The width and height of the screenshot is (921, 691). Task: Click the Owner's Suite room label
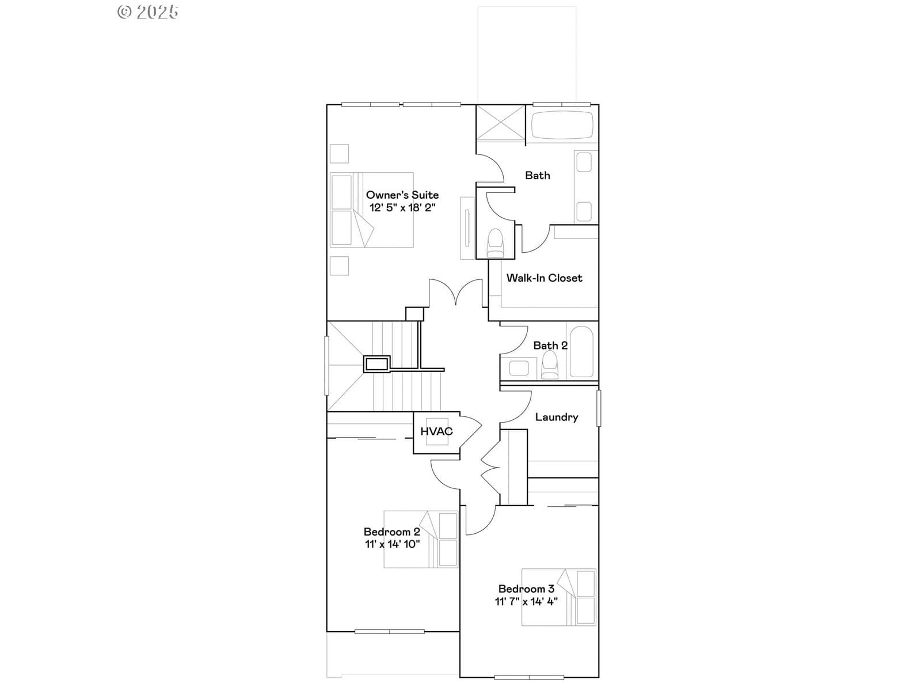click(x=402, y=195)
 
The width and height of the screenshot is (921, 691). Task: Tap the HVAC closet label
click(x=436, y=431)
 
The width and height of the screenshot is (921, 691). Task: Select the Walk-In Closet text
click(x=544, y=278)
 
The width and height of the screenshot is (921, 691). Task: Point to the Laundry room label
click(x=557, y=417)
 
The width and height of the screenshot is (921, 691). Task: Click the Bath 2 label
click(x=550, y=345)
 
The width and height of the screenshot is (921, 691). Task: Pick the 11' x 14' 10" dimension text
click(x=392, y=544)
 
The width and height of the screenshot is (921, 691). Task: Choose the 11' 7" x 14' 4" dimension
click(x=526, y=601)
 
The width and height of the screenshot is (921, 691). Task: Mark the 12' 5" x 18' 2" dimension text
click(x=402, y=207)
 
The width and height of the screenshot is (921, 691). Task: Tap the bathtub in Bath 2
click(x=581, y=352)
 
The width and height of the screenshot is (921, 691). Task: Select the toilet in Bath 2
click(x=550, y=365)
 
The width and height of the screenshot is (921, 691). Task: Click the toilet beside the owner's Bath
click(x=495, y=243)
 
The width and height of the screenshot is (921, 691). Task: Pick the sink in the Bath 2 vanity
click(x=519, y=369)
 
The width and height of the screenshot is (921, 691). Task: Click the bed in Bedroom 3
click(x=558, y=598)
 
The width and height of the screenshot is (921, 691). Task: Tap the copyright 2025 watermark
click(x=148, y=12)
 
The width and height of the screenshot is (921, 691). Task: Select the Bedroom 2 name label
click(x=392, y=531)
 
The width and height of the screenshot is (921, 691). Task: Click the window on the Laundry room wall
click(x=599, y=408)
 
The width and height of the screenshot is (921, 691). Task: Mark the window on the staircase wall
click(x=327, y=366)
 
